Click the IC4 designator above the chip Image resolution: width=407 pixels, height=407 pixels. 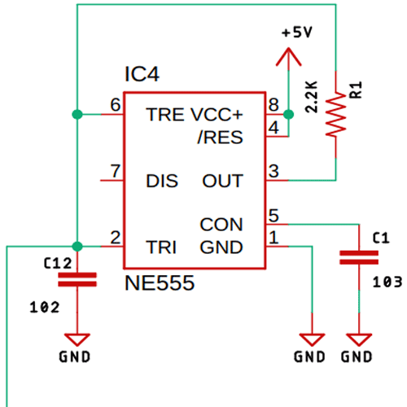(142, 76)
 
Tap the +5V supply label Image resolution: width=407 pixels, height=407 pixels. (296, 33)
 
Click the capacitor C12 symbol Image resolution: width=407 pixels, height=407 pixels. (77, 279)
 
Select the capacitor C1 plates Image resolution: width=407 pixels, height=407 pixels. (358, 258)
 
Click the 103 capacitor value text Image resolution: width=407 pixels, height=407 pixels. (385, 282)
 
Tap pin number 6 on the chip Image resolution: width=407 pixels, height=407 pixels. (115, 104)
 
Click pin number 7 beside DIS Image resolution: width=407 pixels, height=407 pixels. (115, 170)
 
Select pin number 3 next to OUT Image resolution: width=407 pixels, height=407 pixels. (274, 170)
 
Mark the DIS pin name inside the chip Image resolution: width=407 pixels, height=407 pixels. (161, 181)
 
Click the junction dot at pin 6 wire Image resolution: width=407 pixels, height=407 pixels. (77, 114)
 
